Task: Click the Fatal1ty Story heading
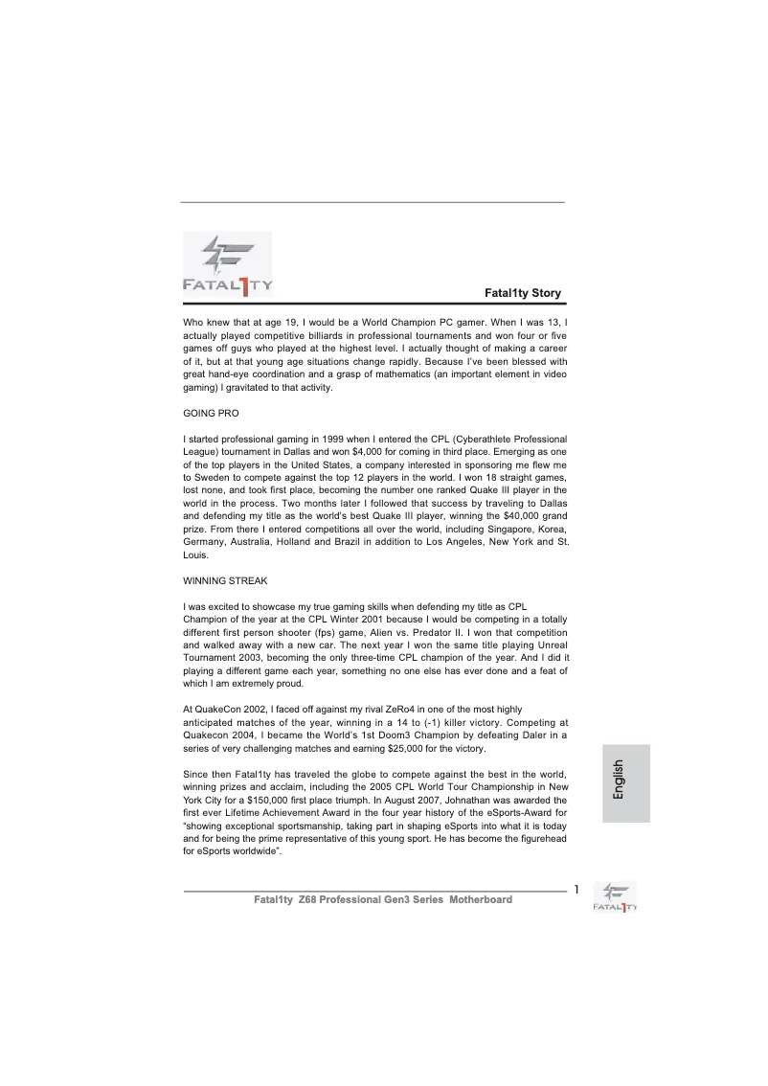click(523, 292)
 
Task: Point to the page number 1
click(576, 890)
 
